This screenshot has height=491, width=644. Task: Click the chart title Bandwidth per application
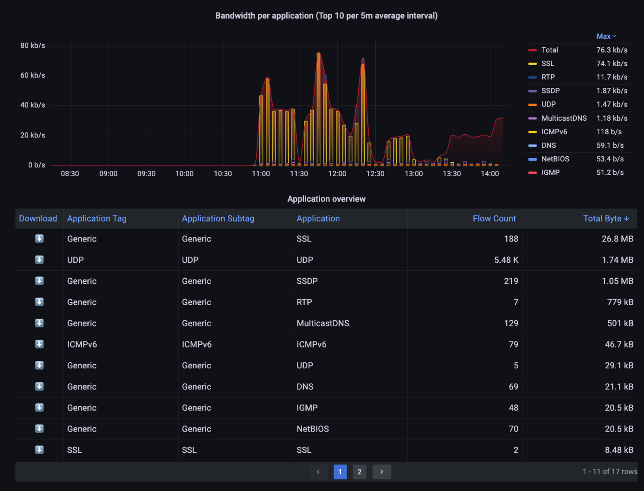[326, 16]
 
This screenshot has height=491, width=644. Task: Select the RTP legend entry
[548, 77]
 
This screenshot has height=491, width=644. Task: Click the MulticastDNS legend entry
[564, 118]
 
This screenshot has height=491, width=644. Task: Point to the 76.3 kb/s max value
[612, 50]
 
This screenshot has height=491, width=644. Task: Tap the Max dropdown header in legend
[606, 36]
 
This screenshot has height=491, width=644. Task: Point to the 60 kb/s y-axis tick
[32, 75]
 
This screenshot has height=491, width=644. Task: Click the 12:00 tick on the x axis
[337, 174]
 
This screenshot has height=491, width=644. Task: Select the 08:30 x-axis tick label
[70, 174]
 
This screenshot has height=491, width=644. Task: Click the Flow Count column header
[494, 218]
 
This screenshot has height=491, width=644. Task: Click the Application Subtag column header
[218, 218]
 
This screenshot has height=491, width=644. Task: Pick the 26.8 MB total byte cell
[617, 239]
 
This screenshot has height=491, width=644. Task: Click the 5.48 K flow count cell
[506, 260]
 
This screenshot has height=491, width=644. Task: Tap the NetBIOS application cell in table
[313, 429]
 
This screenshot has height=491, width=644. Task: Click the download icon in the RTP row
[39, 302]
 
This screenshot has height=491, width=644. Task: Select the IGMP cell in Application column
[307, 408]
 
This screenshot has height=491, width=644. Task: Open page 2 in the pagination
[360, 472]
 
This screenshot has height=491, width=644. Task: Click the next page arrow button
[382, 472]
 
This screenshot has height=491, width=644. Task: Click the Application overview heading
[326, 199]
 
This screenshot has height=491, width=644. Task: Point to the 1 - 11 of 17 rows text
[610, 471]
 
